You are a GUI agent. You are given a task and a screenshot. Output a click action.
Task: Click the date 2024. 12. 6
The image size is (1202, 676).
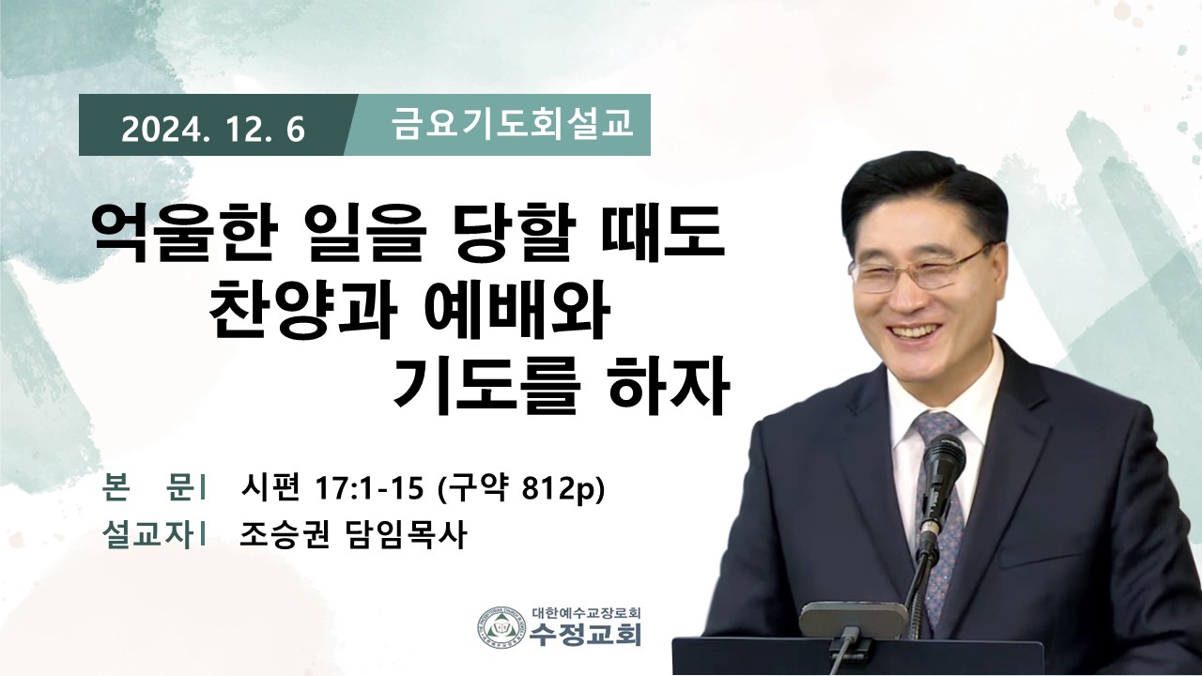pos(213,130)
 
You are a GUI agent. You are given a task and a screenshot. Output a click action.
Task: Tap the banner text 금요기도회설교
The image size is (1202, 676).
pos(512,123)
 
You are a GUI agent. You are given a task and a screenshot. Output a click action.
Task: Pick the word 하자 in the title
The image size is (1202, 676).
pos(668,386)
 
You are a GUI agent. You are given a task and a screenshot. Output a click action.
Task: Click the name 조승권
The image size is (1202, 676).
pos(284,535)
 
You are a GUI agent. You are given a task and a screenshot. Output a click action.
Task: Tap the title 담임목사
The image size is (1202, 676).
pos(404,535)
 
